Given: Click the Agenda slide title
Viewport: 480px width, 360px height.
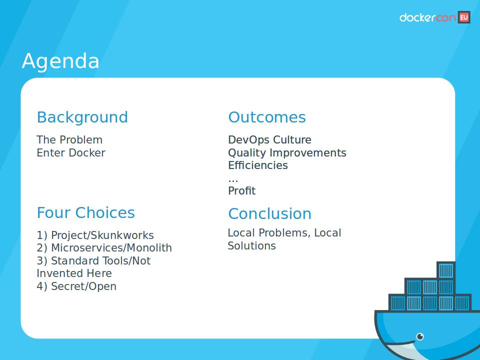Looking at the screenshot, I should click(x=60, y=61).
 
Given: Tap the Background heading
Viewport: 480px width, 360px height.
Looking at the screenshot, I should click(x=82, y=117).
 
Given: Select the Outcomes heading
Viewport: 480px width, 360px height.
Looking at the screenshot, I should click(x=266, y=117).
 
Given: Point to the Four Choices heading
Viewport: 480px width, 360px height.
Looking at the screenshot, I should click(x=85, y=212).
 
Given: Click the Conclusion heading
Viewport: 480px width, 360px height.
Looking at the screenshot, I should click(x=269, y=213).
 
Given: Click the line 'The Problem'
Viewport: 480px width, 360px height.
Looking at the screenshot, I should click(x=69, y=140).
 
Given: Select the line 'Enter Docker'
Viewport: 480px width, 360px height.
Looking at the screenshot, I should click(x=71, y=153).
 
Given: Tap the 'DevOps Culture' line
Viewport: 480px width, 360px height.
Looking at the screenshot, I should click(x=269, y=140).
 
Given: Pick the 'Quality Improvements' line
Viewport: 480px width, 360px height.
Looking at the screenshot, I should click(x=287, y=153).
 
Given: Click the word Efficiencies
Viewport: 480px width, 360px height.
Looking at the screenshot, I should click(x=258, y=165).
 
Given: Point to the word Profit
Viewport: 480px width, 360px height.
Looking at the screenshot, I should click(x=241, y=191).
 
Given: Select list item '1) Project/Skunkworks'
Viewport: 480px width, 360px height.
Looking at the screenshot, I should click(x=95, y=235).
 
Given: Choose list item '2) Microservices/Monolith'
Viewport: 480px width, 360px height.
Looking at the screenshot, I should click(x=104, y=248).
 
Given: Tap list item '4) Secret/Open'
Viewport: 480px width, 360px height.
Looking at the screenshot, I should click(x=76, y=286).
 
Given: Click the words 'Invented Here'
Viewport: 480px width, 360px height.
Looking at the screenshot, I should click(x=74, y=273).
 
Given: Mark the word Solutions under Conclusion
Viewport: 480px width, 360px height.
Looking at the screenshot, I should click(x=251, y=246).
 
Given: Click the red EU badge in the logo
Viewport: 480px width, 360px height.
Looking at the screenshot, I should click(x=463, y=17).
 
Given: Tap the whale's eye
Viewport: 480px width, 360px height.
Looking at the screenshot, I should click(x=420, y=336).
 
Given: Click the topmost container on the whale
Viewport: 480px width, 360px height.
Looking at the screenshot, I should click(x=445, y=270).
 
